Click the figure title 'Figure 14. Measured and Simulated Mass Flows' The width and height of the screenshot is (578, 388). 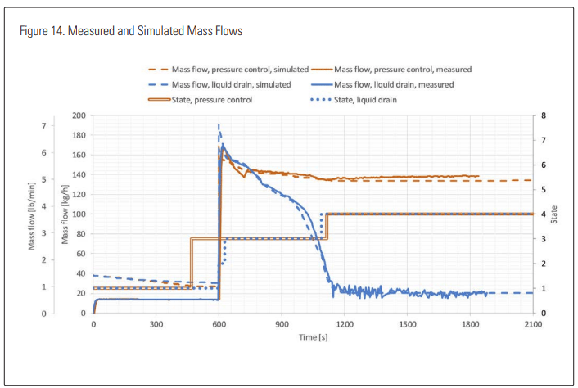tap(131, 31)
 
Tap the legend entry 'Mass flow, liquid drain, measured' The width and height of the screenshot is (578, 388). tap(384, 84)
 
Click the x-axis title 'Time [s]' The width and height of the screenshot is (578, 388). tap(313, 337)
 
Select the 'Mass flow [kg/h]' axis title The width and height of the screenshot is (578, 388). tap(64, 214)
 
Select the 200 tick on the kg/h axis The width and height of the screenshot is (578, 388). tap(79, 115)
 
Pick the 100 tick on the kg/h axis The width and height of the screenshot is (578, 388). tap(79, 214)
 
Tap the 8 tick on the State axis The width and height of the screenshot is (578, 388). tap(541, 115)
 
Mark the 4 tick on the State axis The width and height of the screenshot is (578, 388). tap(541, 214)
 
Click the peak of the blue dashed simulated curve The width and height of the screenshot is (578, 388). tap(219, 124)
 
